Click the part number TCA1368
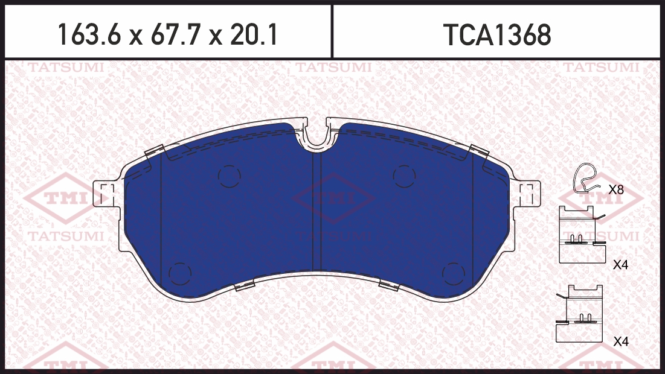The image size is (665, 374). coord(497,35)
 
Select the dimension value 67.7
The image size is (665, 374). coord(175,35)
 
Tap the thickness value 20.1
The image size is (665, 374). coord(254,35)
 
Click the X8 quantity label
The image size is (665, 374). coord(616,190)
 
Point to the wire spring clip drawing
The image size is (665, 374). coord(585,178)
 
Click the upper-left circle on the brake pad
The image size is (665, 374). coord(230,176)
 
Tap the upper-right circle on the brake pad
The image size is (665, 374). coord(404,176)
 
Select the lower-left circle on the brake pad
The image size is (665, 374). coord(180,274)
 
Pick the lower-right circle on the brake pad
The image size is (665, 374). coord(454,274)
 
